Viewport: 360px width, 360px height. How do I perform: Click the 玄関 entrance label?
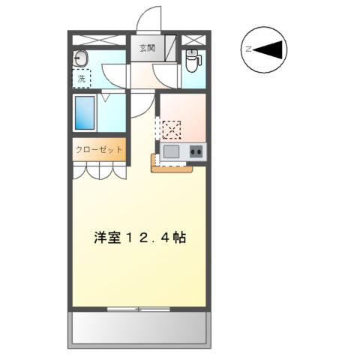coord(147,49)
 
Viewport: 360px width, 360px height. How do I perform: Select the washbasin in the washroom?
coord(82,58)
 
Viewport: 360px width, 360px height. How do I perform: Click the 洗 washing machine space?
coord(81,77)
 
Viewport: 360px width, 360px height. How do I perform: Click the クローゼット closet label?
coord(98,150)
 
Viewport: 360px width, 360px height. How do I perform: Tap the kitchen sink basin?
coord(171,152)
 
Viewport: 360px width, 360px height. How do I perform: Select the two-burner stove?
coord(196,152)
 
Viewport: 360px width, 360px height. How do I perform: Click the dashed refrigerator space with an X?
coord(171,129)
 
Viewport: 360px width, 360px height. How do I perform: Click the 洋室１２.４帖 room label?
coord(139,238)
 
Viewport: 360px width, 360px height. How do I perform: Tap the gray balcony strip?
coord(139,328)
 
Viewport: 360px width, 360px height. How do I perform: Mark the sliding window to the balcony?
coord(139,308)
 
